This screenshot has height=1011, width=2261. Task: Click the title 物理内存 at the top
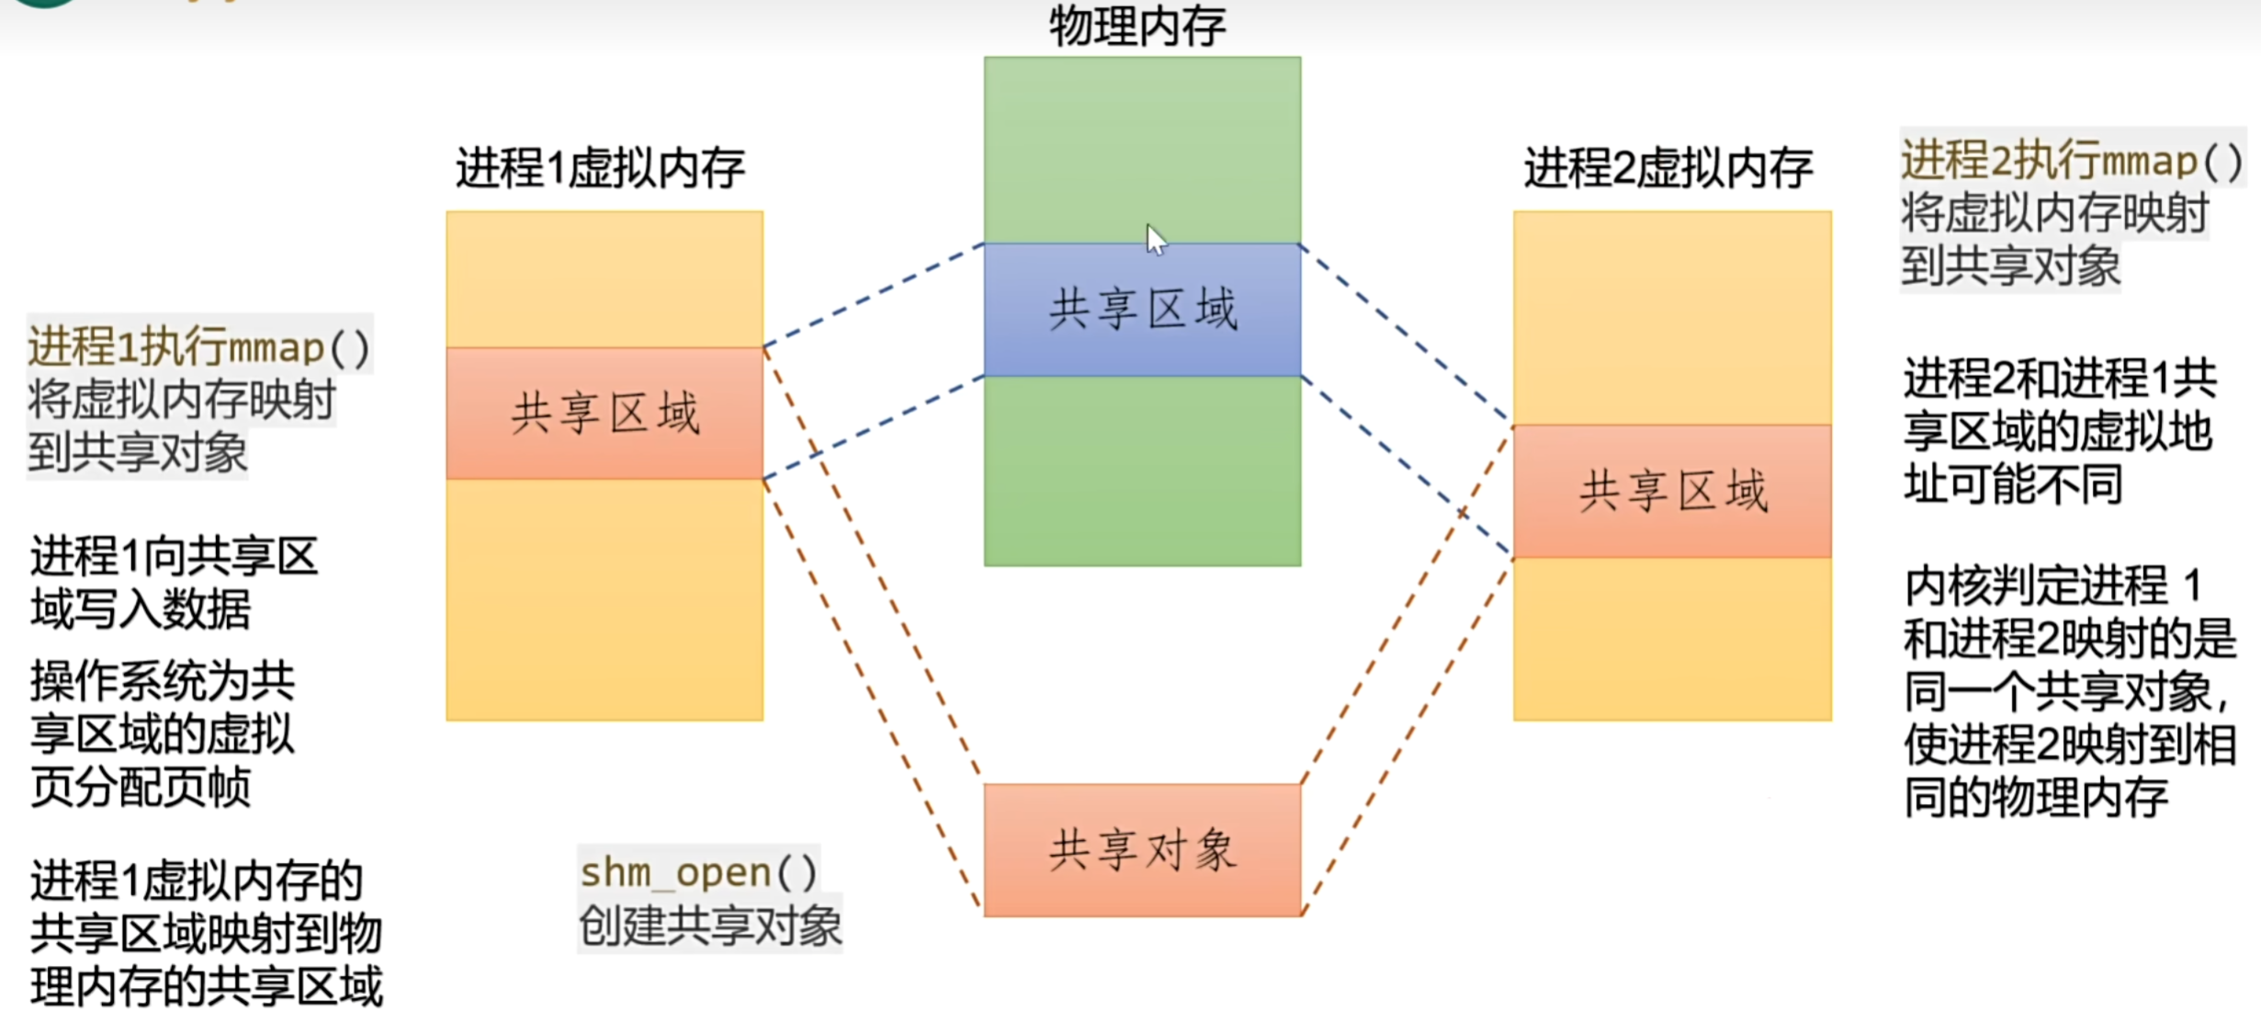coord(1137,26)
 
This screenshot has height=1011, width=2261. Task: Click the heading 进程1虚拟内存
coord(600,169)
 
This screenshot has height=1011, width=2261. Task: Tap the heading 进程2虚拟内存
coord(1667,169)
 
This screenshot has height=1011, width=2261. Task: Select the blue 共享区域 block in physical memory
coord(1142,310)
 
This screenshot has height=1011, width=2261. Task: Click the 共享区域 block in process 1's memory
coord(605,414)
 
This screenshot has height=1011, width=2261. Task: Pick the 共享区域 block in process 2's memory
coord(1672,491)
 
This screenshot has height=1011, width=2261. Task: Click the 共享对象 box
coord(1142,850)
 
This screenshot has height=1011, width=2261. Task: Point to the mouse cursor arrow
coord(1155,239)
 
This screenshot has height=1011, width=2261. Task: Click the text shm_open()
coord(698,871)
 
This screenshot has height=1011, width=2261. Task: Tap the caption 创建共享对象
coord(709,926)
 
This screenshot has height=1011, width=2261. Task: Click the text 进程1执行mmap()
coord(198,348)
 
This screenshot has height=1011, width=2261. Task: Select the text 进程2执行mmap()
coord(2071,162)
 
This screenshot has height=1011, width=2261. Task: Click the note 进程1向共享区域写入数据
coord(175,583)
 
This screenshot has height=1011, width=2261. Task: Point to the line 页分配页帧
coord(141,787)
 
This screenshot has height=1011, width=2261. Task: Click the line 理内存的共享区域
coord(206,986)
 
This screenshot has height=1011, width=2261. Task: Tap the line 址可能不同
coord(2012,483)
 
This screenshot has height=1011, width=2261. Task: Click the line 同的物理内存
coord(2035,796)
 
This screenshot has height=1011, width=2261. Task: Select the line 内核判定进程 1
coord(2053,585)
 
